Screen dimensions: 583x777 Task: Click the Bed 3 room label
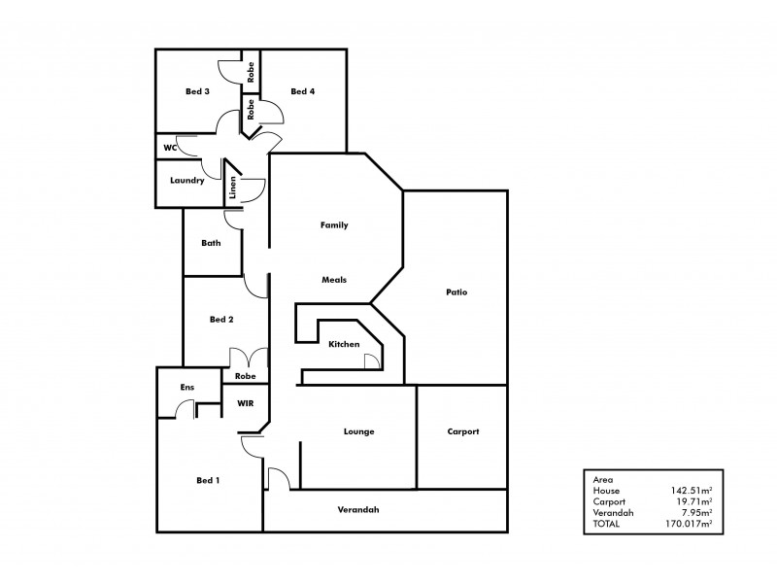(x=197, y=91)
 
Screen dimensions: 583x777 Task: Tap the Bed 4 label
(x=303, y=91)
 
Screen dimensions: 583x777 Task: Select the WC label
(x=169, y=148)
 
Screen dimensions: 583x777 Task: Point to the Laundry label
(x=186, y=180)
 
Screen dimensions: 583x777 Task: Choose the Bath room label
(x=211, y=243)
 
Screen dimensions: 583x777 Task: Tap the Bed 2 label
(x=221, y=319)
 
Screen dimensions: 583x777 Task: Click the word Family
(x=334, y=224)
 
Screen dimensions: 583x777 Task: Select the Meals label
(x=334, y=280)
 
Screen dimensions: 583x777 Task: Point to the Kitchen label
(x=344, y=344)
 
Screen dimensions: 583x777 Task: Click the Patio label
(x=457, y=291)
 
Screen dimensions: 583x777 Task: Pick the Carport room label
(x=463, y=431)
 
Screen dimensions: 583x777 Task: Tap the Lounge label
(x=358, y=431)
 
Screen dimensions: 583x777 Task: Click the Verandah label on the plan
(x=357, y=510)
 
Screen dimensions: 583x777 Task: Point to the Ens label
(x=187, y=387)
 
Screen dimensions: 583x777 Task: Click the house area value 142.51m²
(x=692, y=491)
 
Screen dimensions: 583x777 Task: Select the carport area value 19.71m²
(x=693, y=501)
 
